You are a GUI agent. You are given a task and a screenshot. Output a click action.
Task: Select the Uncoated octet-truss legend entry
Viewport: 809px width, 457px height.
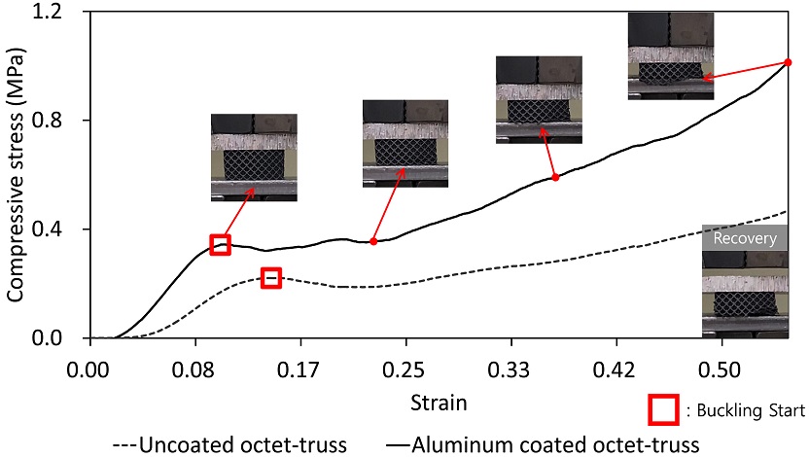click(231, 444)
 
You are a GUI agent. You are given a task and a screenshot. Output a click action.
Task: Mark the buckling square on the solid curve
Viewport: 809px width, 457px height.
click(220, 244)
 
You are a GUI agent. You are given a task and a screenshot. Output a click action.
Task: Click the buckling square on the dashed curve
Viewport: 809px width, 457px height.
click(270, 278)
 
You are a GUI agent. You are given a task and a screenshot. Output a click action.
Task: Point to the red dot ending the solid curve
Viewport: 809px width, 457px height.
click(788, 62)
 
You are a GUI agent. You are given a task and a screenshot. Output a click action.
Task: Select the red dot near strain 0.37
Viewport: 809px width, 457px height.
click(555, 177)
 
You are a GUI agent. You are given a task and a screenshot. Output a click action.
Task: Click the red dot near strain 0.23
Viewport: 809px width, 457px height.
click(373, 241)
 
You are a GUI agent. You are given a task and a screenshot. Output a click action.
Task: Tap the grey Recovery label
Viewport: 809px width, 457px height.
click(745, 237)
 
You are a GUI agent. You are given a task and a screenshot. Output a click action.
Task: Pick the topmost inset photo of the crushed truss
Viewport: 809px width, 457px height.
click(670, 55)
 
